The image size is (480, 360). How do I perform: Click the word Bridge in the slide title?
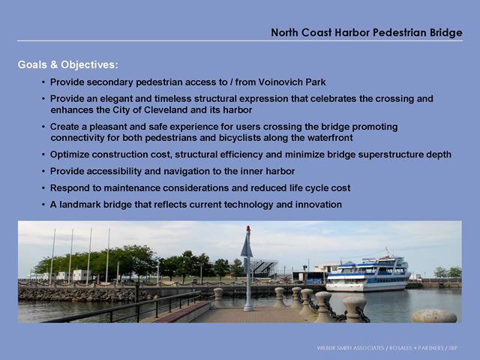pos(446,32)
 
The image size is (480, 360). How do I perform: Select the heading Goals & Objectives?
pos(68,64)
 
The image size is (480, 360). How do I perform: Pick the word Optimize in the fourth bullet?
pos(70,154)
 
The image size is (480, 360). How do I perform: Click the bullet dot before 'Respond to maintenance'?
pos(43,188)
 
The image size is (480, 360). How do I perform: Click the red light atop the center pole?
pos(248,228)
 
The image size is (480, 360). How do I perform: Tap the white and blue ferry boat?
pos(368,273)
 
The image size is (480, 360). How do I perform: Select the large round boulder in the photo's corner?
pos(434,316)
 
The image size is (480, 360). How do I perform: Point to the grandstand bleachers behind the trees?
pos(263,268)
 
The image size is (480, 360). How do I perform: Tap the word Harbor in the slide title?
pos(352,32)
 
